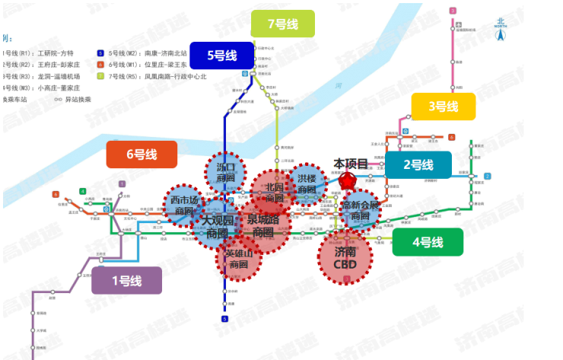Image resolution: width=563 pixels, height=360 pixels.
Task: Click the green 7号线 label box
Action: tap(282, 24)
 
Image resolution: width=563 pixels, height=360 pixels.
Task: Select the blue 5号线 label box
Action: tap(221, 56)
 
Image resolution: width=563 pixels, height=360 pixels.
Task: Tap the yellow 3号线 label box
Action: tap(443, 107)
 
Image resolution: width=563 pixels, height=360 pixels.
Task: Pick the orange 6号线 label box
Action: tap(142, 154)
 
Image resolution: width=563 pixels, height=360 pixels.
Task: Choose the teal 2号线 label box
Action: tap(418, 164)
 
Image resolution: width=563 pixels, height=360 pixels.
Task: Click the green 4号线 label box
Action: tap(428, 242)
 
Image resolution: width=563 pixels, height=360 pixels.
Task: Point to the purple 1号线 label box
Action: tap(126, 280)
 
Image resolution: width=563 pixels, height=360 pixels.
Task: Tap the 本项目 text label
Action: tap(351, 164)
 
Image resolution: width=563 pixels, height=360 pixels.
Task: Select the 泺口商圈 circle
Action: tap(226, 173)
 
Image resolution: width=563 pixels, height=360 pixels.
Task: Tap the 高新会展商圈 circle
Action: tap(360, 211)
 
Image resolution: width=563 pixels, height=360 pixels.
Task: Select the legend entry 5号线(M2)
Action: tap(141, 53)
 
